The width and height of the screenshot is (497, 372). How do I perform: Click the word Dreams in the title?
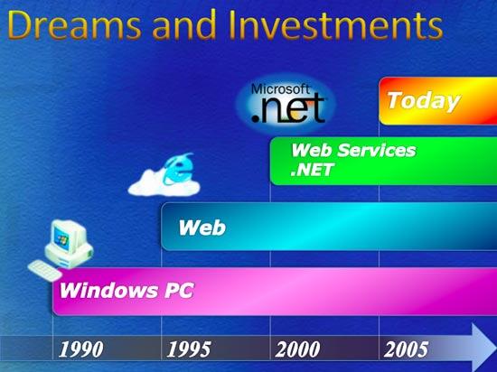[x=74, y=25]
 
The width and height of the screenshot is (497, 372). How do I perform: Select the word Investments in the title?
[x=335, y=25]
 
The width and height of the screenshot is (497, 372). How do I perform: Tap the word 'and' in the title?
[x=183, y=25]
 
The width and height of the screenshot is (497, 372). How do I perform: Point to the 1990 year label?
[x=81, y=349]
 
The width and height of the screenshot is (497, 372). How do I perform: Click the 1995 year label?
[x=189, y=349]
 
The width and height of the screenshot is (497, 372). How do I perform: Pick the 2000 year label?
[x=297, y=349]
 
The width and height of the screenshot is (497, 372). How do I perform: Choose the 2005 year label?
[x=406, y=349]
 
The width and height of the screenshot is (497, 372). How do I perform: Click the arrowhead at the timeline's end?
[x=484, y=348]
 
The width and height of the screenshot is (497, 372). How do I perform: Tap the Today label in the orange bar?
[x=424, y=102]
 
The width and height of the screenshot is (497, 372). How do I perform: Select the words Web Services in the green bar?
[x=353, y=150]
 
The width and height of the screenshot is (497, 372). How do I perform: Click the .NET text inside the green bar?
[x=312, y=170]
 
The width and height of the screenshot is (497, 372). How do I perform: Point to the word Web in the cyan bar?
[x=202, y=228]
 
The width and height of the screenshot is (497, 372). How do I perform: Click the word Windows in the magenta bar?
[x=108, y=291]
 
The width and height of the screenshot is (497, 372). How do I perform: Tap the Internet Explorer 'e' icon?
[x=178, y=169]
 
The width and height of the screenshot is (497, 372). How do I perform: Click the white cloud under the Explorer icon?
[x=164, y=185]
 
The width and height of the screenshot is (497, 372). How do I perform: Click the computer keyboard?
[x=45, y=270]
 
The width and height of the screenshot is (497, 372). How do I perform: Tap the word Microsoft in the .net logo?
[x=280, y=89]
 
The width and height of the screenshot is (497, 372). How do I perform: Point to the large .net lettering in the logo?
[x=287, y=109]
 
